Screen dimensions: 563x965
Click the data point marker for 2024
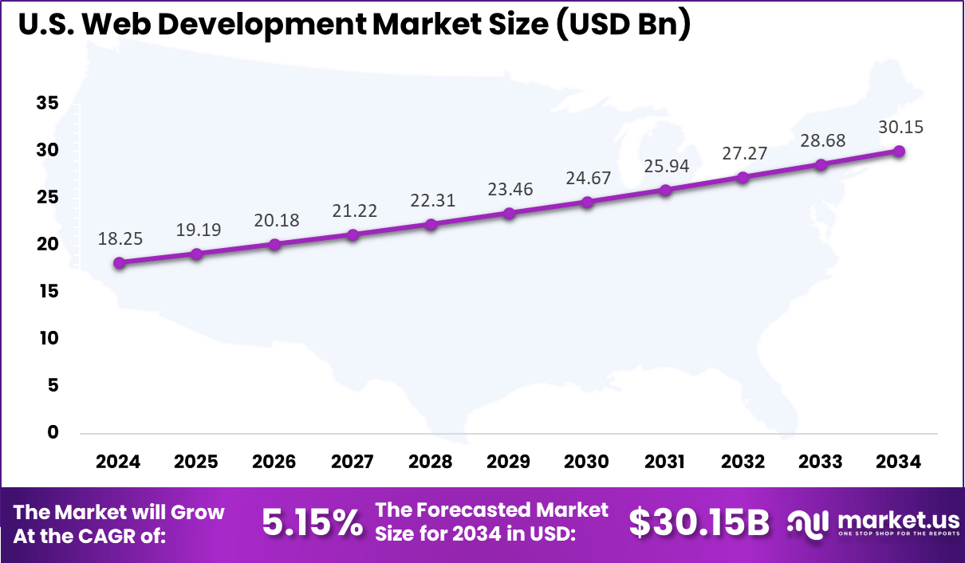click(x=119, y=263)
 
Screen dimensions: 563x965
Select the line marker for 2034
click(x=899, y=152)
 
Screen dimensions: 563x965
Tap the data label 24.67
click(x=586, y=179)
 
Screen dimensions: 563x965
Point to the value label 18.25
click(x=119, y=239)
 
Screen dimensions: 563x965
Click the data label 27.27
click(x=742, y=154)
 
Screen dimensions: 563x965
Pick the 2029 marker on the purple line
click(x=509, y=214)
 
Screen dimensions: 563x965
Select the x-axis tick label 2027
click(x=353, y=462)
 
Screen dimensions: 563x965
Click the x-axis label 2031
click(x=664, y=462)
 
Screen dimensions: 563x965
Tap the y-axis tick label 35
click(x=47, y=103)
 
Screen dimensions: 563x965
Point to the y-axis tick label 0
click(x=53, y=432)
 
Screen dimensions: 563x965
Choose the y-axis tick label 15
click(x=47, y=291)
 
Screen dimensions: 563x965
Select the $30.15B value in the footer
click(x=699, y=524)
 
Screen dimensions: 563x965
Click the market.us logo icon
click(x=809, y=523)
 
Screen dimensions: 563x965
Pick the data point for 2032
click(x=742, y=177)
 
